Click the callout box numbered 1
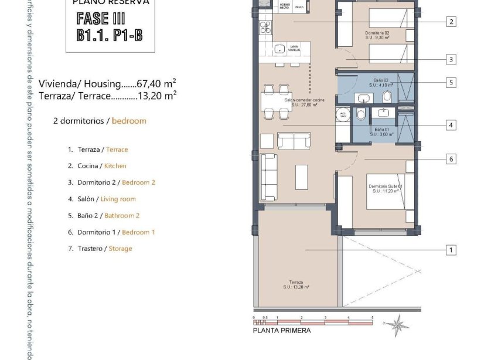(451, 250)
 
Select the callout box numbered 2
(451, 22)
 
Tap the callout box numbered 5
(451, 83)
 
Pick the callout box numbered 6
(451, 159)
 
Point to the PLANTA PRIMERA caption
(282, 331)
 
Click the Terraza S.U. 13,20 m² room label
(296, 284)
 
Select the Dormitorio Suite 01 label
(384, 189)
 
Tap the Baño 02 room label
(383, 82)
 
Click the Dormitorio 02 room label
(377, 35)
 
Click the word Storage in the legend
(120, 249)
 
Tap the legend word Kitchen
(115, 166)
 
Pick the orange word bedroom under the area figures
(129, 121)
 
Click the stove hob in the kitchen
(265, 27)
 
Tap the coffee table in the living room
(301, 176)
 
